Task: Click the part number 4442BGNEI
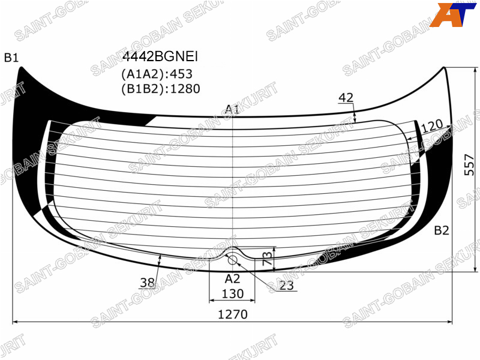pyautogui.click(x=160, y=56)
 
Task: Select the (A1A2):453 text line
pyautogui.click(x=157, y=74)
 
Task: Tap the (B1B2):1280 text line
pyautogui.click(x=161, y=89)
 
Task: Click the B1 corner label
pyautogui.click(x=11, y=58)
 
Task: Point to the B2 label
pyautogui.click(x=442, y=230)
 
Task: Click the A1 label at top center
pyautogui.click(x=232, y=109)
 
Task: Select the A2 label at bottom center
pyautogui.click(x=232, y=279)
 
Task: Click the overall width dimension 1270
pyautogui.click(x=233, y=314)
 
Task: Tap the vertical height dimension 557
pyautogui.click(x=469, y=164)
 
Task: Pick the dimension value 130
pyautogui.click(x=233, y=294)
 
